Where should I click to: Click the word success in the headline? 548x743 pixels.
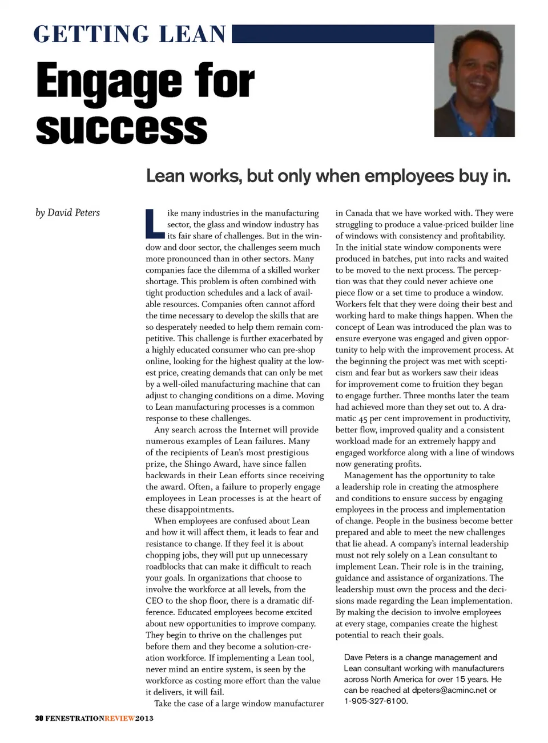click(122, 128)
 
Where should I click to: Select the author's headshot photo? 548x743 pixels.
click(474, 80)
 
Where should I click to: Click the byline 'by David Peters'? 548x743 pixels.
click(67, 213)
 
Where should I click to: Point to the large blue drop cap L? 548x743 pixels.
click(154, 224)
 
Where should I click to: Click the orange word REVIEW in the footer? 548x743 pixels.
click(120, 718)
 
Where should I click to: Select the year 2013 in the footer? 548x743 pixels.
click(144, 718)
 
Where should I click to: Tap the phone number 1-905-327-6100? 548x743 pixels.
click(376, 701)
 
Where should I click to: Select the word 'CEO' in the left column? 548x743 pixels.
click(154, 601)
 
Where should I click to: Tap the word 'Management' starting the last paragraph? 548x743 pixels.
click(369, 475)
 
